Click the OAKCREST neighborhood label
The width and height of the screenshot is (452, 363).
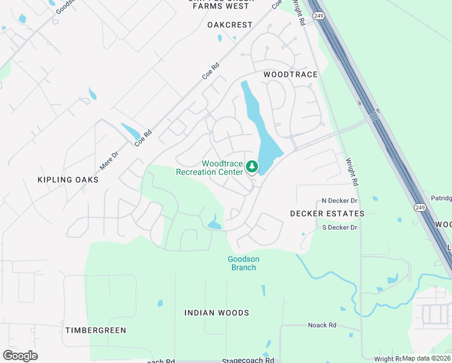click(x=229, y=25)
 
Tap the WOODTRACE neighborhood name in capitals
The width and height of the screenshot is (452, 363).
click(x=290, y=74)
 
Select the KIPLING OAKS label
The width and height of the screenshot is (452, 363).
click(x=68, y=180)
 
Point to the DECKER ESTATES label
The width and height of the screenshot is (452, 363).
click(x=327, y=214)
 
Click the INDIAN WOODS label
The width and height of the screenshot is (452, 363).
click(x=216, y=313)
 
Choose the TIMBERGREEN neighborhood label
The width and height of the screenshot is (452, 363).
click(x=95, y=330)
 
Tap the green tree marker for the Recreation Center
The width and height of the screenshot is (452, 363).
click(x=252, y=166)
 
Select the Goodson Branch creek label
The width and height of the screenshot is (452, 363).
click(x=244, y=263)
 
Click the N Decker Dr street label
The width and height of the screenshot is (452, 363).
click(x=340, y=200)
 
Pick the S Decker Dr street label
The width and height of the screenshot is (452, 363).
click(x=340, y=227)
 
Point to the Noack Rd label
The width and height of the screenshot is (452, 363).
click(x=321, y=325)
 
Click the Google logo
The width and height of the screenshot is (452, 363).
click(x=20, y=356)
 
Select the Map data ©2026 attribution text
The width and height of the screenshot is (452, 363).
click(x=427, y=358)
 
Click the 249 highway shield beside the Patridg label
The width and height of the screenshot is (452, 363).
click(x=419, y=208)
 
